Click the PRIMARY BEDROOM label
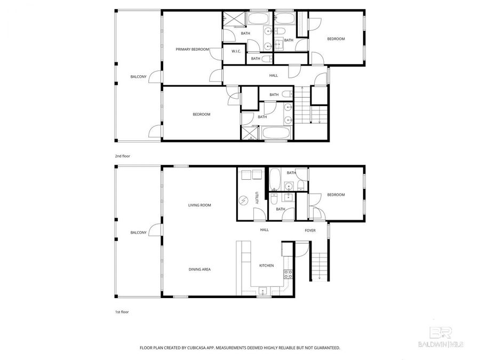click(x=192, y=49)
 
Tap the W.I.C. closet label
click(x=236, y=52)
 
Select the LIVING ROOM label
click(x=199, y=205)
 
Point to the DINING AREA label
click(x=199, y=269)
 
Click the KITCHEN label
click(x=266, y=265)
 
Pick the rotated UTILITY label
click(x=257, y=198)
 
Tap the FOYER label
click(x=310, y=230)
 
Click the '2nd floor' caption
click(x=122, y=156)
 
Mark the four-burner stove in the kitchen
click(x=288, y=275)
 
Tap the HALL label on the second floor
click(x=273, y=76)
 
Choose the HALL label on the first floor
click(x=264, y=230)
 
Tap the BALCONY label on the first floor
click(x=138, y=233)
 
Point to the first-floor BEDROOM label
click(x=335, y=195)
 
